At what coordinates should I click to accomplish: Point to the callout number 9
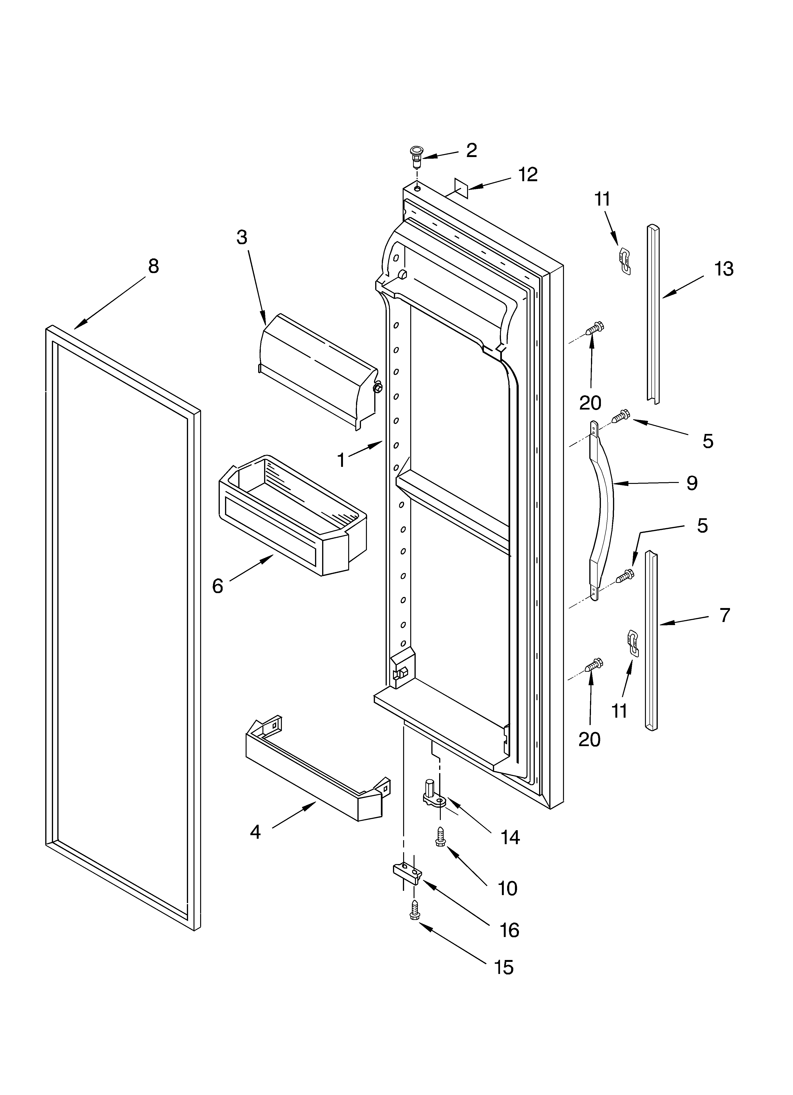click(x=692, y=483)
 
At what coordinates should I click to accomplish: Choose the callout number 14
click(x=510, y=838)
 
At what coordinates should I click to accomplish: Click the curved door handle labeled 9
click(x=604, y=512)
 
